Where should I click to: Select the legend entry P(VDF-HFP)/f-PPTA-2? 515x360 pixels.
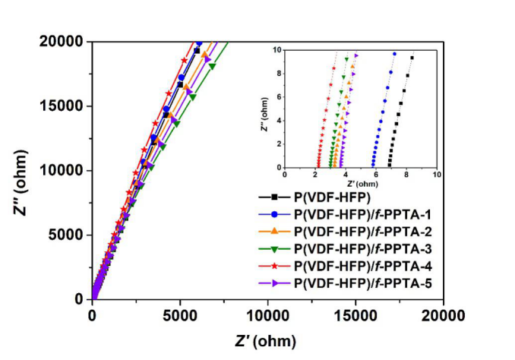pos(357,230)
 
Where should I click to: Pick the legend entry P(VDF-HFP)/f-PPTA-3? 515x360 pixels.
pos(357,248)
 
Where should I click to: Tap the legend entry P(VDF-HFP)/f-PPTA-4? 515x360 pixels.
pos(357,267)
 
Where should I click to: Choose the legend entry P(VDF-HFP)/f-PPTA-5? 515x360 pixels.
pos(357,284)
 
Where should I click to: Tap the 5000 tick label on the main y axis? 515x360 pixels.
pos(67,235)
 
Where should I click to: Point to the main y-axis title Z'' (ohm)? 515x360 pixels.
pos(23,170)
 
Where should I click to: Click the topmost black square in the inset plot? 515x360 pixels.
pos(412,58)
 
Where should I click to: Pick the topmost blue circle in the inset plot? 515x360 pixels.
pos(394,54)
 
